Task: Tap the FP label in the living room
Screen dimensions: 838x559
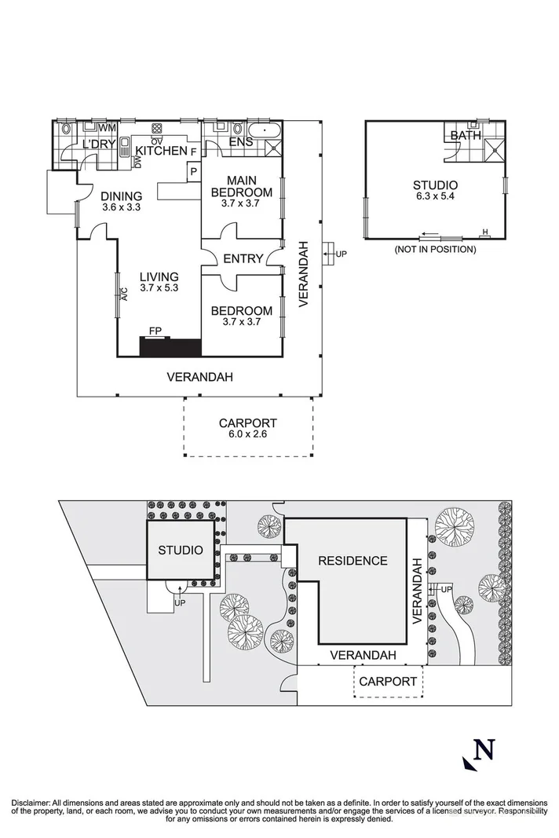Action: click(155, 331)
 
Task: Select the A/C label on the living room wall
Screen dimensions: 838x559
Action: click(123, 294)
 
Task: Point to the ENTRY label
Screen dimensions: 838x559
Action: click(243, 259)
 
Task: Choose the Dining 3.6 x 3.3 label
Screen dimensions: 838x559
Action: click(121, 202)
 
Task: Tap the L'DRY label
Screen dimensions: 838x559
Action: click(99, 145)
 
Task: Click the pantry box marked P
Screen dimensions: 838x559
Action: click(192, 170)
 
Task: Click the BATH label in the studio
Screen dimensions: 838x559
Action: click(465, 136)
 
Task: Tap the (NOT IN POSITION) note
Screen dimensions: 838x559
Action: click(435, 250)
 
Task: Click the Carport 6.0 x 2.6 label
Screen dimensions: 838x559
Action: click(247, 428)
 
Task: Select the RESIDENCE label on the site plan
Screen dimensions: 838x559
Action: click(353, 561)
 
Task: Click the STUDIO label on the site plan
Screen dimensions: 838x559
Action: click(181, 550)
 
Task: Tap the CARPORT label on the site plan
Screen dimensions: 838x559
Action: click(388, 681)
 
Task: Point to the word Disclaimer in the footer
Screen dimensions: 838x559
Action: click(31, 803)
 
